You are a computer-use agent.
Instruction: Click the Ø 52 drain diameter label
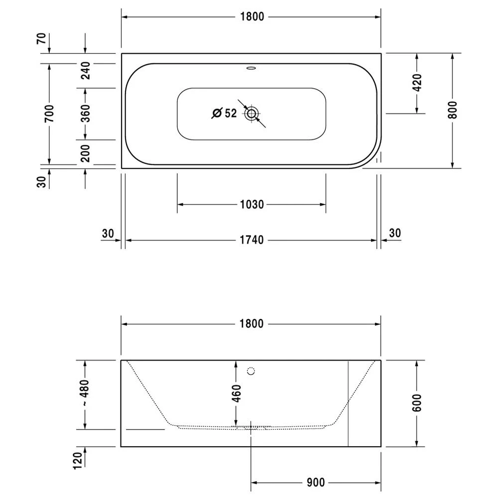225,113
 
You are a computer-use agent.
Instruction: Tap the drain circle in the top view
251,114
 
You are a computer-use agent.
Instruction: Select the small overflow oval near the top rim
251,68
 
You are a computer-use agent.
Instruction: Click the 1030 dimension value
252,205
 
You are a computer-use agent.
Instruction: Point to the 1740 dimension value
251,240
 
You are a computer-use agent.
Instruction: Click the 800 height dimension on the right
452,110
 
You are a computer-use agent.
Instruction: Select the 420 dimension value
417,82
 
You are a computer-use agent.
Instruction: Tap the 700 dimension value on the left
49,114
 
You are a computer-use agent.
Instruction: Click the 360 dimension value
85,113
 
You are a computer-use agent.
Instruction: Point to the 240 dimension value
85,71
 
